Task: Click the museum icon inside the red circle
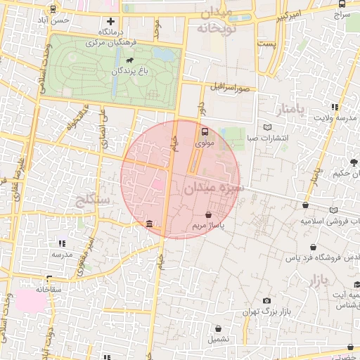[150, 224]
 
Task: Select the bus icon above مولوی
[205, 131]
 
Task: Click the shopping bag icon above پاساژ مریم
[209, 214]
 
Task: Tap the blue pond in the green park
[163, 54]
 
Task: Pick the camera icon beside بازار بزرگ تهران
[267, 301]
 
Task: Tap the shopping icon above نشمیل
[218, 328]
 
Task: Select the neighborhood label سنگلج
[91, 200]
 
